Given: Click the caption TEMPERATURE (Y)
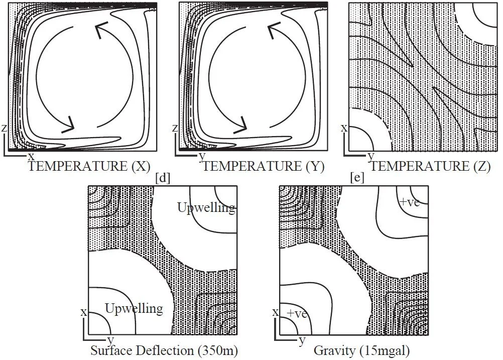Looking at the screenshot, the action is pos(264,166).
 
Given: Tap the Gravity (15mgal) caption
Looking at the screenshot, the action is pos(352,349).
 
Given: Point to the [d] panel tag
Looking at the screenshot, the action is pos(163,178).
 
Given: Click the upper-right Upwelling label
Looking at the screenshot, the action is pos(206,207).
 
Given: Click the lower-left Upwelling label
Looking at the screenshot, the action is pos(134,308).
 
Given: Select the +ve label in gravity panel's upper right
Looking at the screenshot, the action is pos(409,202).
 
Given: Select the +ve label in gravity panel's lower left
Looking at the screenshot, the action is pos(297,313).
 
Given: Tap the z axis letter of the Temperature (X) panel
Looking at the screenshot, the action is pos(4,129).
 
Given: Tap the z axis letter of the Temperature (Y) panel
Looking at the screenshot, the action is pos(175,129).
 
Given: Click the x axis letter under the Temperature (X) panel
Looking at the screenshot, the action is pos(31,156).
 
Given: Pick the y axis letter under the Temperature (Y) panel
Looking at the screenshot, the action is pos(202,156).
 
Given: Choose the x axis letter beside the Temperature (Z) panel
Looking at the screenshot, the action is pos(344,128).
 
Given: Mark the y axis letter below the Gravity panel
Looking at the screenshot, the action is pos(302,341).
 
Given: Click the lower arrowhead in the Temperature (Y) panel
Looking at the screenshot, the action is pos(244,124).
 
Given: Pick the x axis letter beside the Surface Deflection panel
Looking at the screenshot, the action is pos(84,312).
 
